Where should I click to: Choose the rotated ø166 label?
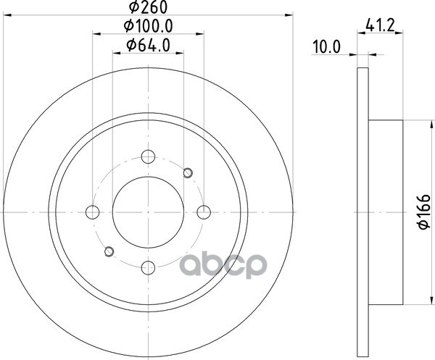click(x=422, y=212)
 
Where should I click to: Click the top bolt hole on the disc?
click(x=148, y=156)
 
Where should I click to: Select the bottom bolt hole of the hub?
click(x=148, y=267)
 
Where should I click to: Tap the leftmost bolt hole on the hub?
click(x=92, y=212)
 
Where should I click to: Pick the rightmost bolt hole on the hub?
click(x=204, y=212)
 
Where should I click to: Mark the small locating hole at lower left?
click(x=109, y=251)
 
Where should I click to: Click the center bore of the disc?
click(x=148, y=212)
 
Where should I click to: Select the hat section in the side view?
click(x=386, y=212)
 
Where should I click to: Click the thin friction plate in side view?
click(x=364, y=212)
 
